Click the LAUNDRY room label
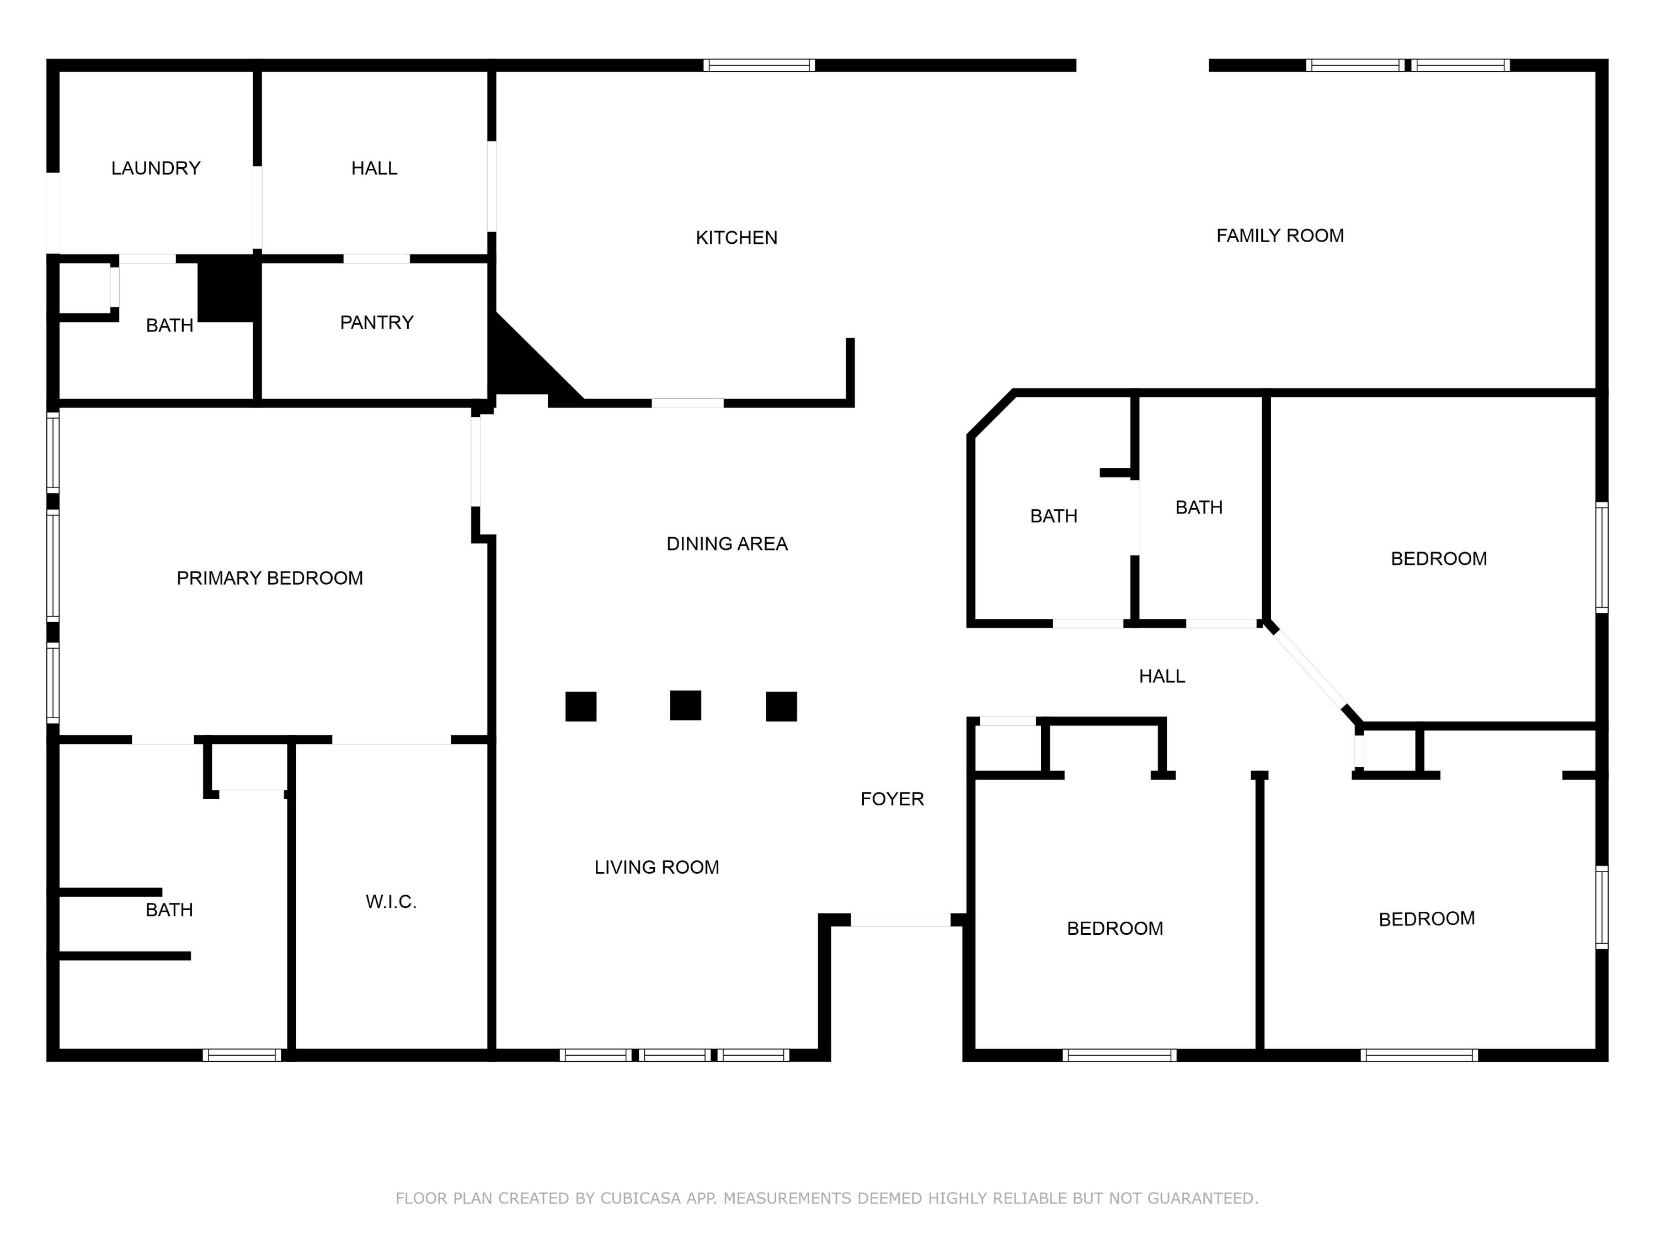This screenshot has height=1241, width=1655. click(156, 168)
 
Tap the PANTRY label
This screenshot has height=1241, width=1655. click(376, 323)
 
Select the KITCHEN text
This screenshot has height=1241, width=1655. click(736, 238)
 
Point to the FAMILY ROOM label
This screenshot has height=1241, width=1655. click(1279, 236)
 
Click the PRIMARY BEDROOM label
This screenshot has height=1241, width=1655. click(269, 577)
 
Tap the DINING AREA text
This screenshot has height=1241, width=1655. click(727, 544)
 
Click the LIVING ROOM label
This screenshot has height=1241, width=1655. click(656, 867)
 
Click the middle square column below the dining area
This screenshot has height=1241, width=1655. click(685, 705)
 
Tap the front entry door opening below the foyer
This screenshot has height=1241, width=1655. click(900, 919)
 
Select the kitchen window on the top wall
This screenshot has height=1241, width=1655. click(759, 65)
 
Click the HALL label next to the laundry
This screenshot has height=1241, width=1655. click(374, 168)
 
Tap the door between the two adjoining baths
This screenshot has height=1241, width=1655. click(1134, 518)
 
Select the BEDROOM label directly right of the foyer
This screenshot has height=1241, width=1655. click(1114, 928)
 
